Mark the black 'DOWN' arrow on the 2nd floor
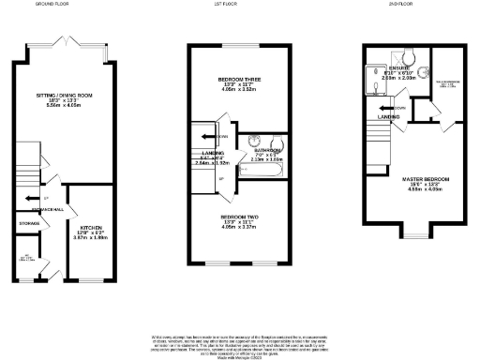(x=383, y=107)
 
